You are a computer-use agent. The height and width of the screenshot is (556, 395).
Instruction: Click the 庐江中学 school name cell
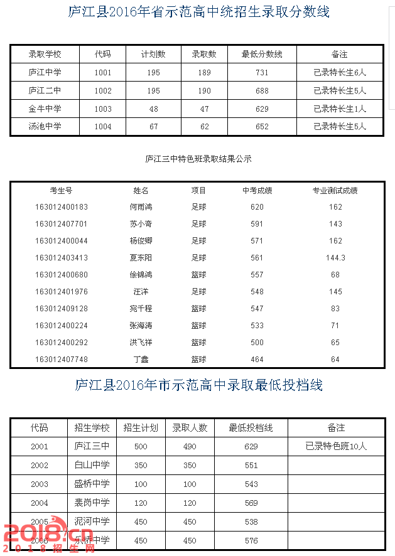click(45, 73)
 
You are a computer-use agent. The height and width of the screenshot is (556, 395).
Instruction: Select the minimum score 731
click(262, 73)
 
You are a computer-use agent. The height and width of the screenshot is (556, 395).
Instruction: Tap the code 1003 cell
click(103, 109)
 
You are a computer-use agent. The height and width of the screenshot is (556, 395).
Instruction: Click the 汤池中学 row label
click(45, 127)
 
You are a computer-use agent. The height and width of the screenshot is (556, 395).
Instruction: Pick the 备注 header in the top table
click(339, 55)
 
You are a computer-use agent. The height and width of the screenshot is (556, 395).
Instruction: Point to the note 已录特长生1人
click(339, 109)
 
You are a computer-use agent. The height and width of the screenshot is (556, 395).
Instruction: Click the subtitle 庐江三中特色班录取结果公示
click(198, 159)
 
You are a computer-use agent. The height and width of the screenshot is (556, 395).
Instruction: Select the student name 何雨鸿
click(141, 207)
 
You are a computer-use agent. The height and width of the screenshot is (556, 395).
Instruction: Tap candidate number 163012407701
click(62, 224)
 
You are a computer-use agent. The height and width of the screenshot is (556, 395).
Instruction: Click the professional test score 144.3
click(335, 258)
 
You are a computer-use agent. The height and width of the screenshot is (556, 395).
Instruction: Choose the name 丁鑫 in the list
click(141, 360)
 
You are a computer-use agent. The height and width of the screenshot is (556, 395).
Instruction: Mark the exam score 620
click(257, 207)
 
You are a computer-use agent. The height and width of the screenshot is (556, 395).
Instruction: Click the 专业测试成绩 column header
click(335, 190)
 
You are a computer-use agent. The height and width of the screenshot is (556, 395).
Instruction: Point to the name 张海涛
click(141, 326)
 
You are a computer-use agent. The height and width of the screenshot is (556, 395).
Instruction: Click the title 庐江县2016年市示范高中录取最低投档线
click(198, 385)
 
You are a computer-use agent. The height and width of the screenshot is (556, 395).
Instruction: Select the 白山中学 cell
click(92, 466)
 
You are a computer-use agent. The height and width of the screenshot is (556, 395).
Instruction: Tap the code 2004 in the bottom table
click(40, 503)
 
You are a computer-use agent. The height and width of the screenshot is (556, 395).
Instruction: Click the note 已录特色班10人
click(336, 447)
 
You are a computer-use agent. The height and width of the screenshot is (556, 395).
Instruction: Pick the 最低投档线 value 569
click(251, 503)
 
